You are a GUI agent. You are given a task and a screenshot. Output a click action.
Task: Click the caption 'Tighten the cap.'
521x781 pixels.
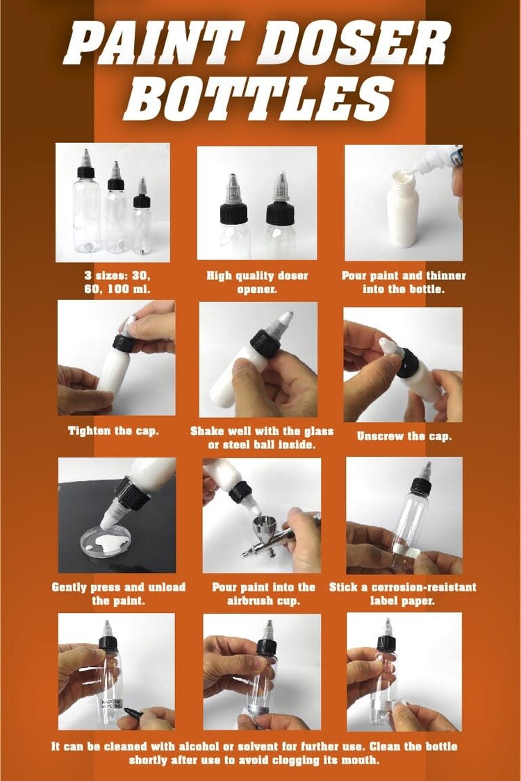click(113, 431)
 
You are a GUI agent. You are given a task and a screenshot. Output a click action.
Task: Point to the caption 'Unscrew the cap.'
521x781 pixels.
click(404, 437)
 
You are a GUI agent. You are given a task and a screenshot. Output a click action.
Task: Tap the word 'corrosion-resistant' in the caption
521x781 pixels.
click(418, 587)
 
